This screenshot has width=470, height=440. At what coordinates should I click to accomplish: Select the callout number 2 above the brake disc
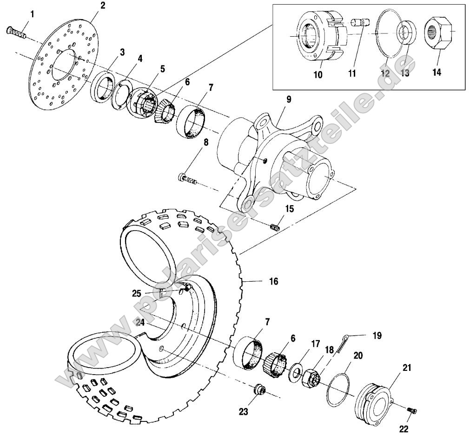pos(102,6)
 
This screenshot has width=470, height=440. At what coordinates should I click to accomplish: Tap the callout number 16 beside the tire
pos(273,282)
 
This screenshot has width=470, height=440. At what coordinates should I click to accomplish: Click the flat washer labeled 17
pos(295,372)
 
